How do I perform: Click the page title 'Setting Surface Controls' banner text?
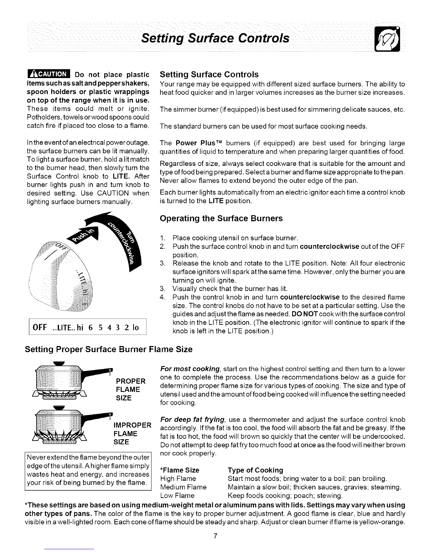click(215, 38)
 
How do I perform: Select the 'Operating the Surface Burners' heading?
click(221, 219)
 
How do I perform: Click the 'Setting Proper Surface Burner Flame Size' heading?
click(108, 349)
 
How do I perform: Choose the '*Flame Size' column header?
click(179, 470)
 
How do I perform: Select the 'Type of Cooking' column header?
click(255, 470)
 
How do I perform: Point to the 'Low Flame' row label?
click(177, 495)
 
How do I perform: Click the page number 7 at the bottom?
click(216, 536)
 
